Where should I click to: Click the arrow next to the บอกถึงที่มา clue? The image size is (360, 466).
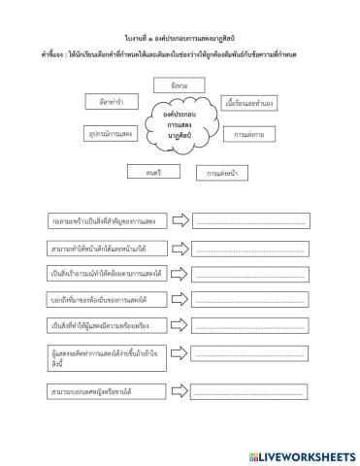click(x=180, y=299)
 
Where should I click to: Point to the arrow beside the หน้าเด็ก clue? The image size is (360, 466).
click(x=180, y=249)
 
